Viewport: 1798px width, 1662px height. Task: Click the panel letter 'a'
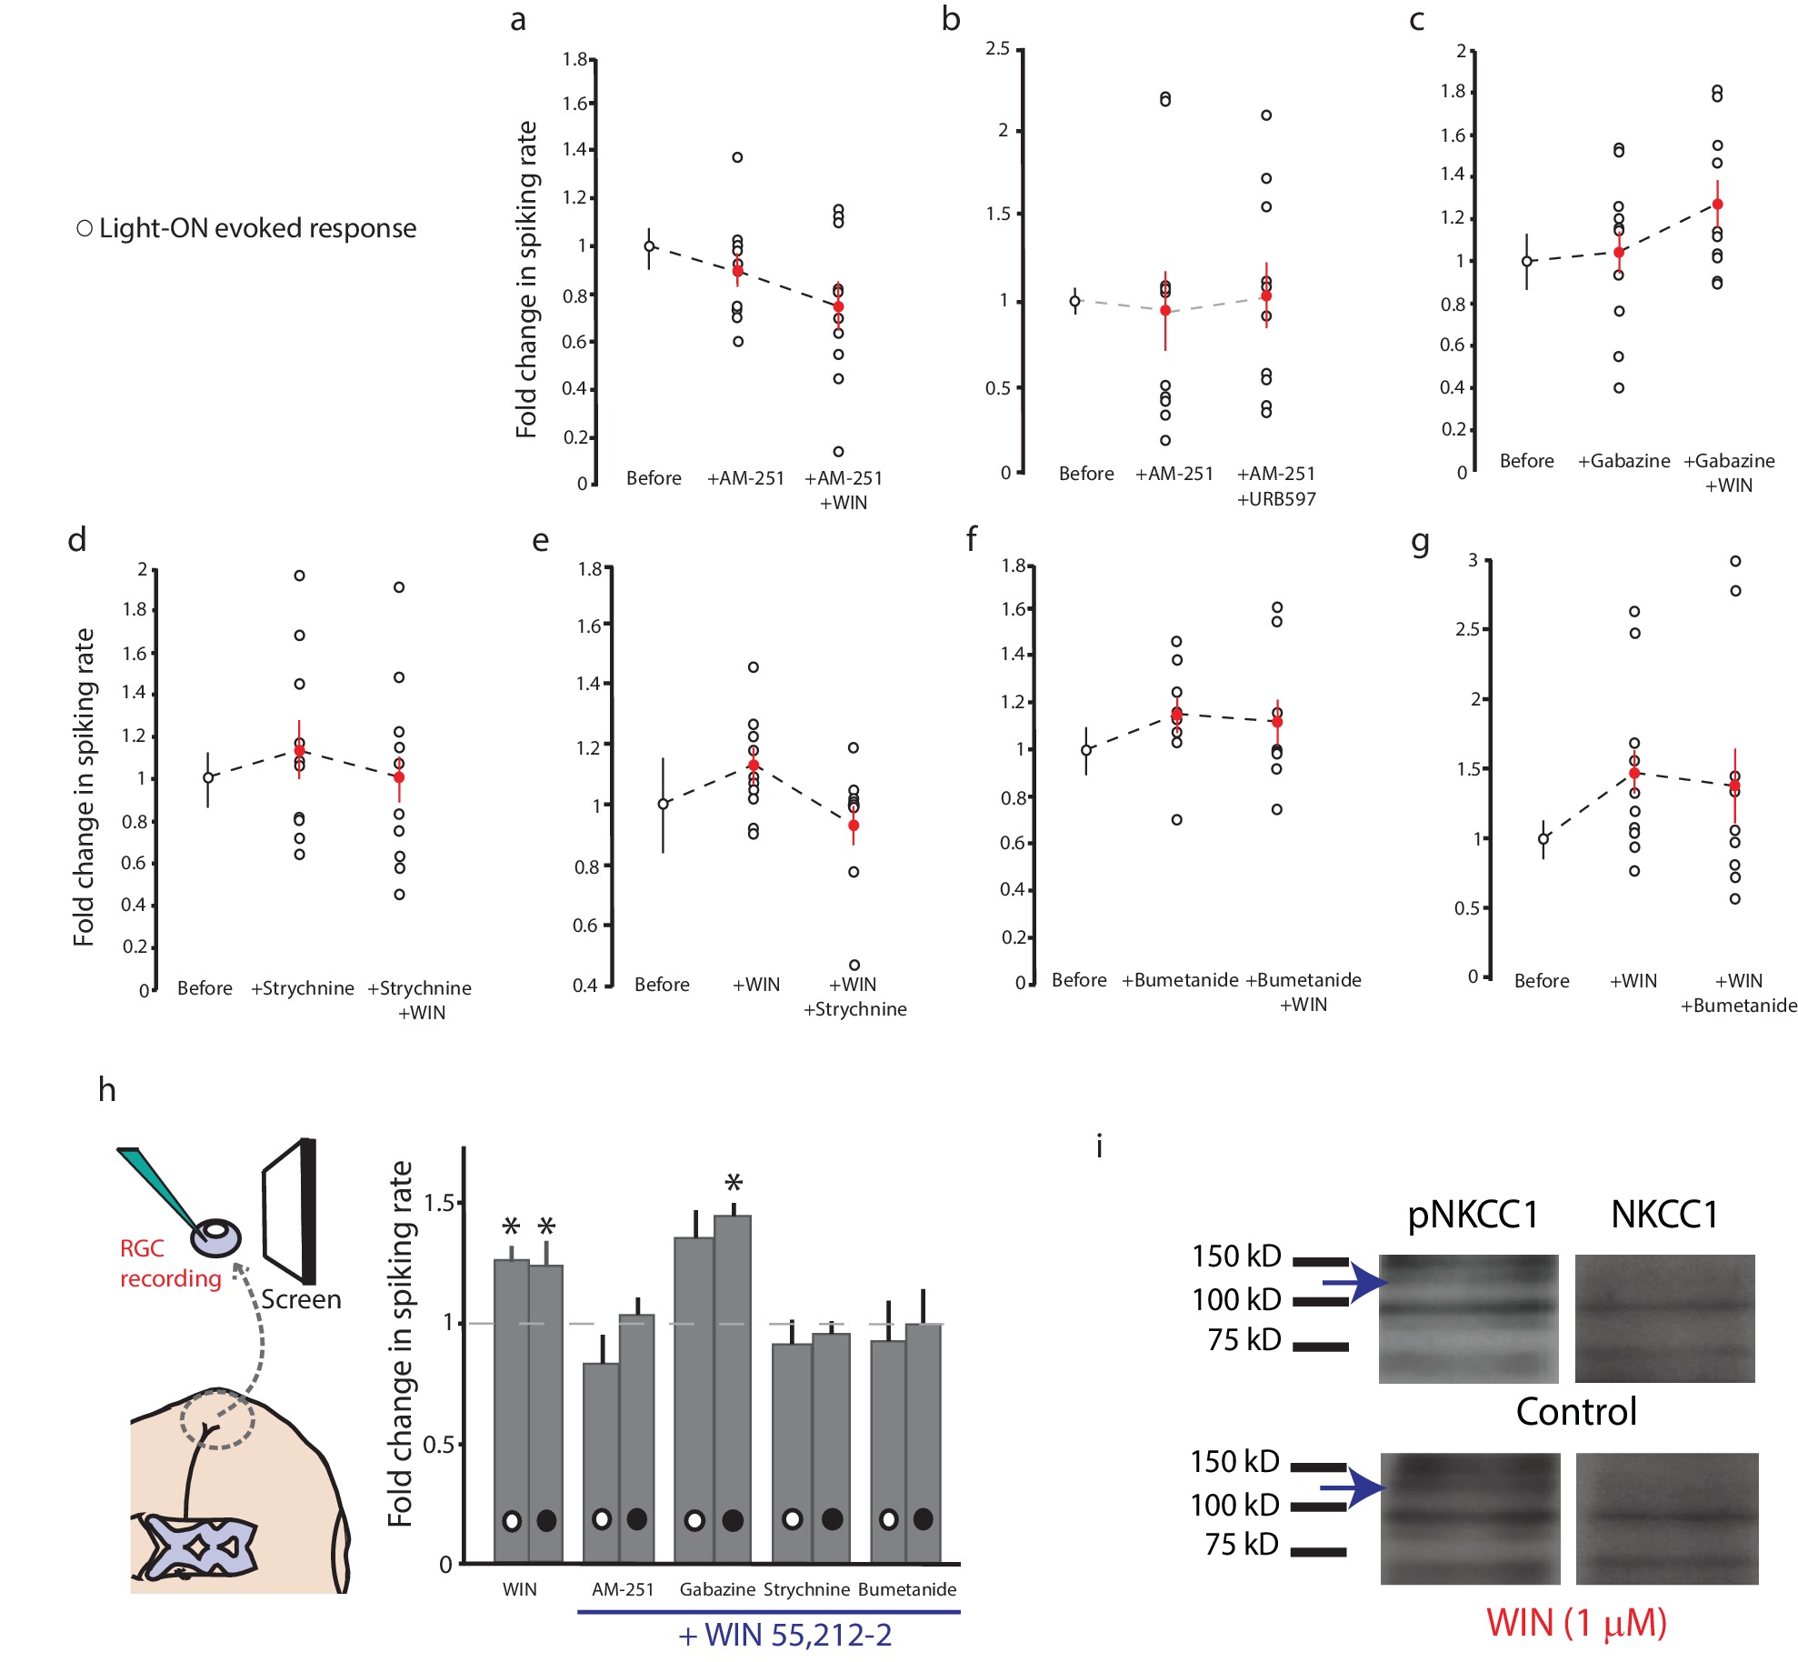518,20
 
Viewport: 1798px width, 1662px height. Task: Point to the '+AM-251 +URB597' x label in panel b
1276,486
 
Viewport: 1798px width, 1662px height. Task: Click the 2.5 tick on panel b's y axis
998,48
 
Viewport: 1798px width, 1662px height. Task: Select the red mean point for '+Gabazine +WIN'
1717,205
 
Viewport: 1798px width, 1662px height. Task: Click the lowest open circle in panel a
839,452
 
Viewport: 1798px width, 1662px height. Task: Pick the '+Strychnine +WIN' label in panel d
420,1000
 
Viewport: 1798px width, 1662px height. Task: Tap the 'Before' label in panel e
662,985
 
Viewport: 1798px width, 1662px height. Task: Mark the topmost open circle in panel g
1735,561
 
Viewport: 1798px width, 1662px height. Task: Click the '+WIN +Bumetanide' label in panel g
1738,993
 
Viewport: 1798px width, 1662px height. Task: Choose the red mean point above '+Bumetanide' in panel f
1177,714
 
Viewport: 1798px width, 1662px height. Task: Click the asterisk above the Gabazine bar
734,1183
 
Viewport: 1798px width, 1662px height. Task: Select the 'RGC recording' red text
170,1264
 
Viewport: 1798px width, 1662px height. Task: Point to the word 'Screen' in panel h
301,1299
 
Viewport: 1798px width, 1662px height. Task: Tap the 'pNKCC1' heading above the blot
1473,1215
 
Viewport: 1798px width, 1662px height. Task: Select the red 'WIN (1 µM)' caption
1576,1623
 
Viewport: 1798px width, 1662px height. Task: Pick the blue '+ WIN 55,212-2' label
785,1636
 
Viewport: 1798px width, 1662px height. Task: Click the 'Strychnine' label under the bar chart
806,1589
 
